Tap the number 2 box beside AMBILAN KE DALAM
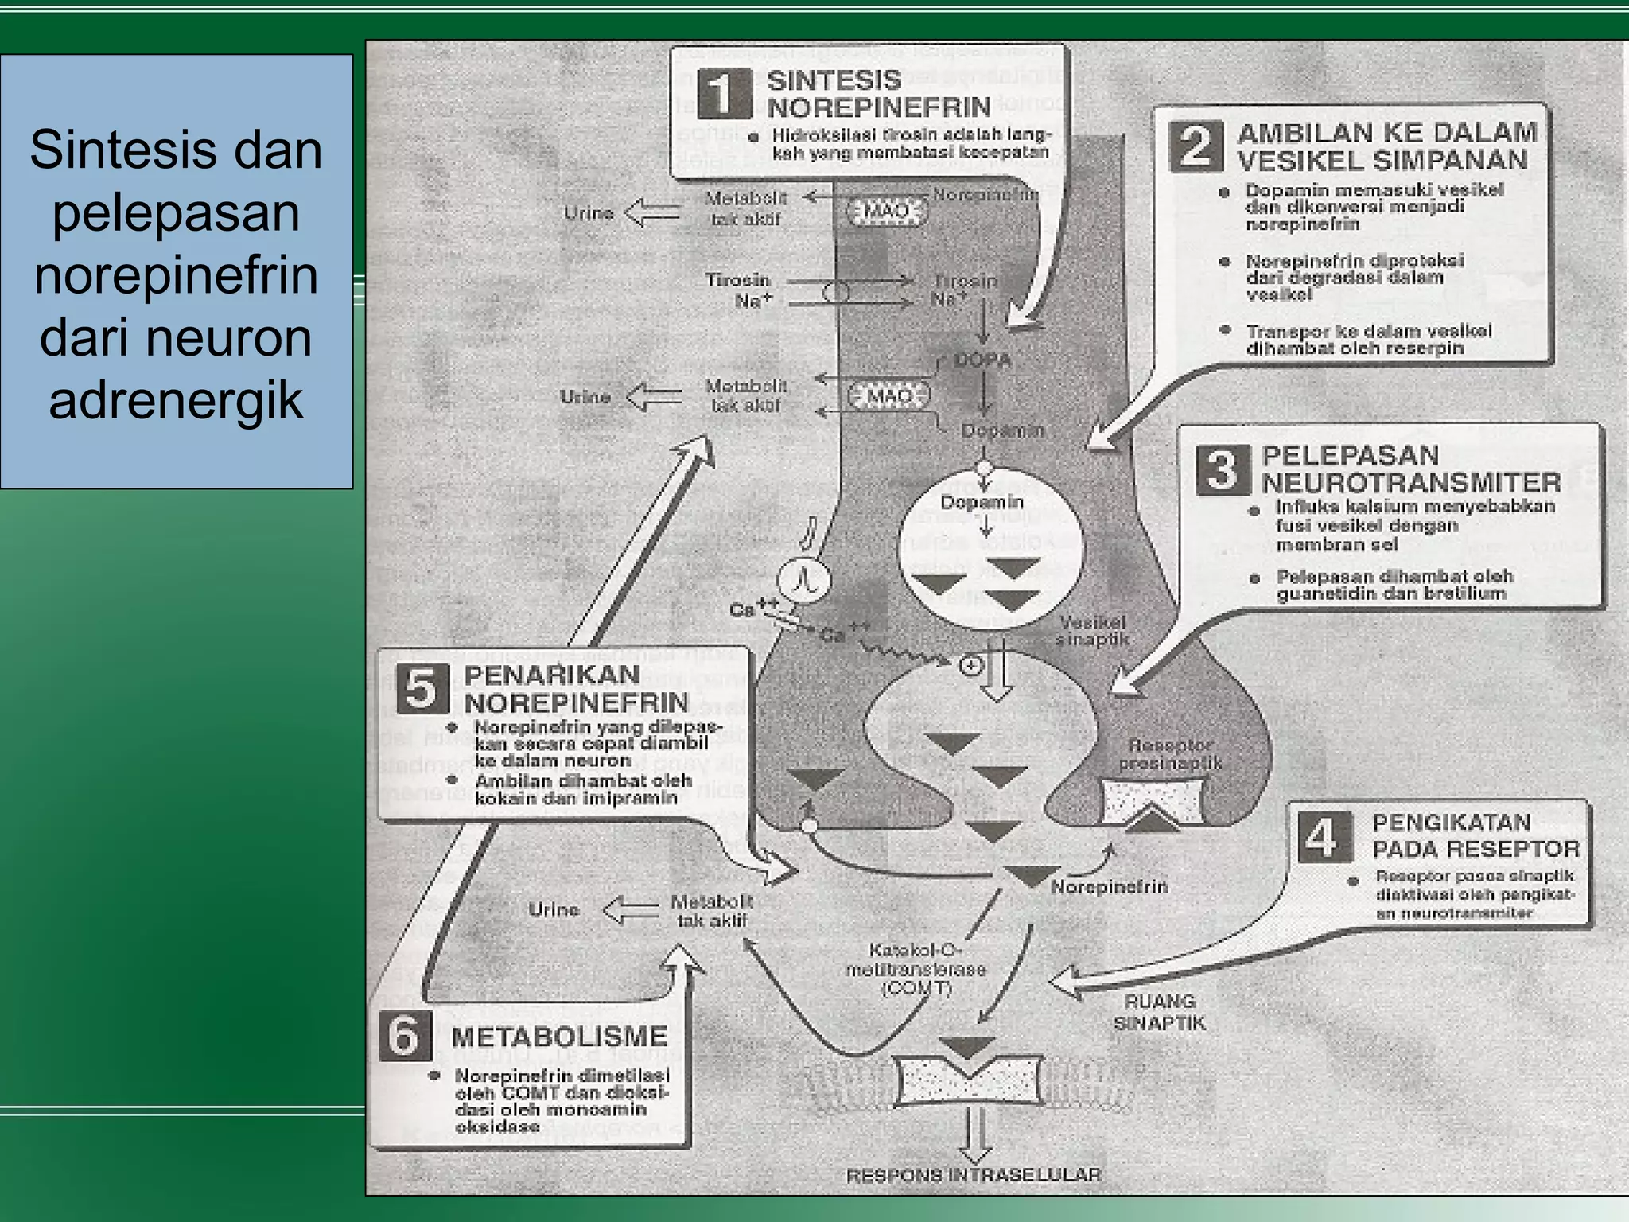point(1196,146)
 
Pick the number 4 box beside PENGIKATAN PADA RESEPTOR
point(1324,837)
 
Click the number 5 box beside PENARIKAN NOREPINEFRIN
point(422,689)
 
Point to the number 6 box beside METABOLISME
point(405,1035)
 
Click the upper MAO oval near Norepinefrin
point(886,211)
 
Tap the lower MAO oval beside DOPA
point(889,395)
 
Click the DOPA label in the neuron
point(982,360)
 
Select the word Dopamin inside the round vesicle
point(982,502)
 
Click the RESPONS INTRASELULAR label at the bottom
point(974,1175)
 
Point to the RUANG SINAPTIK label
point(1159,1012)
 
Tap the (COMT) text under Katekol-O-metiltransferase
point(916,989)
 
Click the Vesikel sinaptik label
point(1092,631)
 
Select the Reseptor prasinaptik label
point(1170,754)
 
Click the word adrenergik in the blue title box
point(176,400)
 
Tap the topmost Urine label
point(588,213)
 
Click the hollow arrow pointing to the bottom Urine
point(631,910)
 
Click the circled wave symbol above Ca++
point(803,580)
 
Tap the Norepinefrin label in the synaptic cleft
point(1109,886)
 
